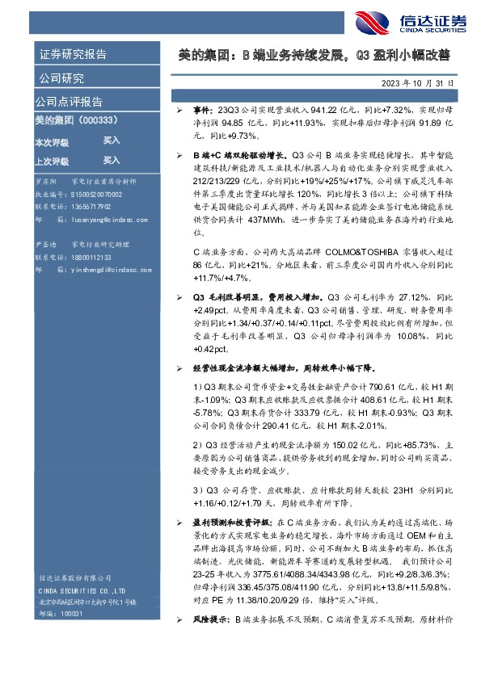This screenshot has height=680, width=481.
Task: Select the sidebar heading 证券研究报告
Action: click(x=73, y=55)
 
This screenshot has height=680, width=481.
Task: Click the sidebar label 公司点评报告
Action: click(x=69, y=102)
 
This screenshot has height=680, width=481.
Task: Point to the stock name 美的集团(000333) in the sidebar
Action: click(x=77, y=120)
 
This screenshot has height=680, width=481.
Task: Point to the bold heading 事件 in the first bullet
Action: click(x=201, y=108)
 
